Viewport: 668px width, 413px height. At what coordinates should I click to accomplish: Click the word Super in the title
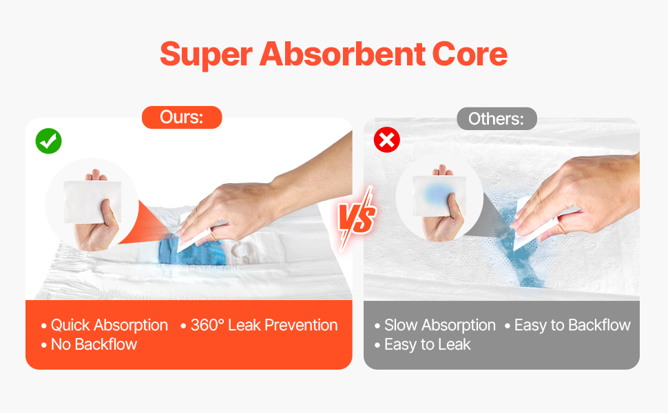[206, 54]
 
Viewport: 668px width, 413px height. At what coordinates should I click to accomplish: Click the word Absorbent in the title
[342, 54]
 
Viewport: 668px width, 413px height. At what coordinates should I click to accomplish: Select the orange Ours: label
[182, 117]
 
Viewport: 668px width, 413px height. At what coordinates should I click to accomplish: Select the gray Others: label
[497, 118]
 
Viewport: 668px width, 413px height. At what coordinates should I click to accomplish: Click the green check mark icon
[49, 141]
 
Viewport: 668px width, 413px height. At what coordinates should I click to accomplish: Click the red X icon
[387, 140]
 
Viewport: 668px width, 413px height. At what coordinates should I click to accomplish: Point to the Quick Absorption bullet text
[105, 326]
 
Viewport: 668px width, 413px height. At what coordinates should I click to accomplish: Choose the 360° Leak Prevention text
[260, 326]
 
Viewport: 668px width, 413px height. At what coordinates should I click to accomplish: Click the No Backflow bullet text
[90, 344]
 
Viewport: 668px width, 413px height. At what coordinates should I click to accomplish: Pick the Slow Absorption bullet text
[435, 326]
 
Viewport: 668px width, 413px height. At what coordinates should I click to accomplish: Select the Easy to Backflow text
[568, 326]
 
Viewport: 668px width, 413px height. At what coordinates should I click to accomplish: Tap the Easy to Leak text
[423, 344]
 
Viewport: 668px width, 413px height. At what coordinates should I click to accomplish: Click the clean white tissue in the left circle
[92, 202]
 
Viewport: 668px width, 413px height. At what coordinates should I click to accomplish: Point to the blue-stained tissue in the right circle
[439, 195]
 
